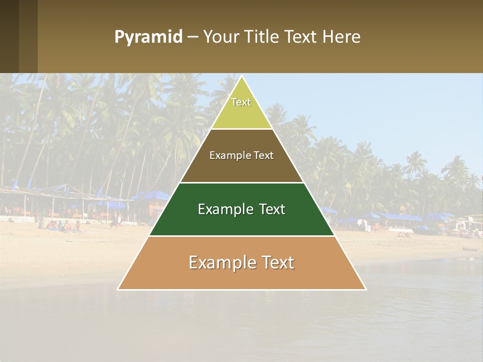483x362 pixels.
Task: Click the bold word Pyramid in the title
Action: (x=148, y=37)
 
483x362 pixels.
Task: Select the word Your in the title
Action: (x=220, y=37)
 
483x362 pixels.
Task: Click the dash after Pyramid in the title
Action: (x=192, y=38)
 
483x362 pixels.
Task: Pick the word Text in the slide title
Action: (x=302, y=37)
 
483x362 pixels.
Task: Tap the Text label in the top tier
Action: (x=241, y=102)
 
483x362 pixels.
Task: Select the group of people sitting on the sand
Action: (x=63, y=226)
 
